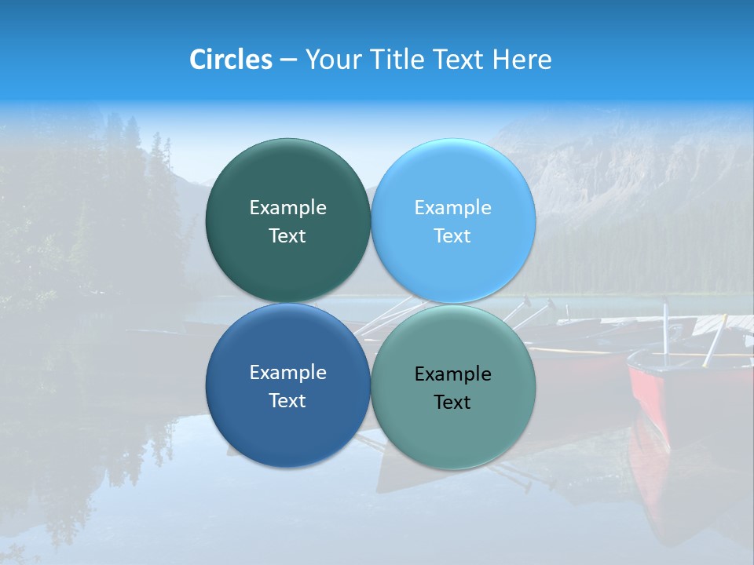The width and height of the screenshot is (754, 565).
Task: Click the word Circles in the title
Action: [x=231, y=60]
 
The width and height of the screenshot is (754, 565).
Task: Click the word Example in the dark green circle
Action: [x=287, y=207]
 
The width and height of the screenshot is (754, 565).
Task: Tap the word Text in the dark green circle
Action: [x=287, y=235]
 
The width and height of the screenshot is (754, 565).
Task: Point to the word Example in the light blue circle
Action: [x=453, y=207]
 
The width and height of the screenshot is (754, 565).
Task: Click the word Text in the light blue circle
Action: [x=453, y=235]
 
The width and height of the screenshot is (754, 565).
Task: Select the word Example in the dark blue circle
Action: [x=287, y=372]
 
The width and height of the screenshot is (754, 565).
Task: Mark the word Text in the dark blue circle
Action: [x=287, y=400]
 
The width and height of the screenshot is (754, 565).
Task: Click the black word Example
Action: [x=453, y=374]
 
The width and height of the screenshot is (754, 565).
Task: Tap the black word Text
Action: [x=453, y=403]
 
